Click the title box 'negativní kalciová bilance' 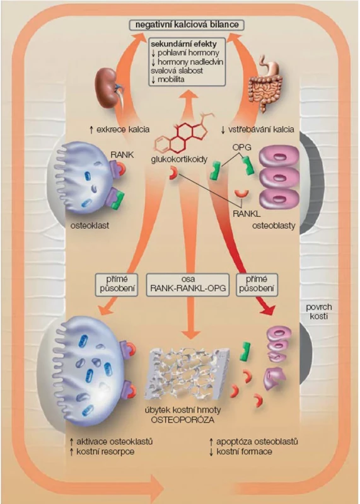[x=187, y=25]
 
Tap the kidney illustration [x=108, y=88]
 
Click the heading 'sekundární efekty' [x=183, y=44]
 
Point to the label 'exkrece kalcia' [x=119, y=130]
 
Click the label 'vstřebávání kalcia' [x=257, y=130]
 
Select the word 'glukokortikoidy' [x=179, y=159]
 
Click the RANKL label [x=243, y=214]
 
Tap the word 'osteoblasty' [x=274, y=226]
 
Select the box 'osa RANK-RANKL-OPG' [x=188, y=284]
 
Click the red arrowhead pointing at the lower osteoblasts [x=269, y=309]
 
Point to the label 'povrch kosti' [x=319, y=311]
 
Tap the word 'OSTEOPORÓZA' [x=183, y=420]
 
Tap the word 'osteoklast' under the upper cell [x=90, y=226]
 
